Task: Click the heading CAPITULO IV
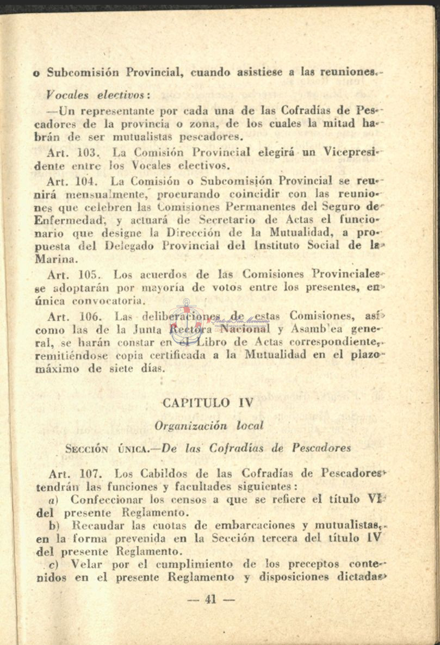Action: point(208,403)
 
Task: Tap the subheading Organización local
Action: point(209,425)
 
